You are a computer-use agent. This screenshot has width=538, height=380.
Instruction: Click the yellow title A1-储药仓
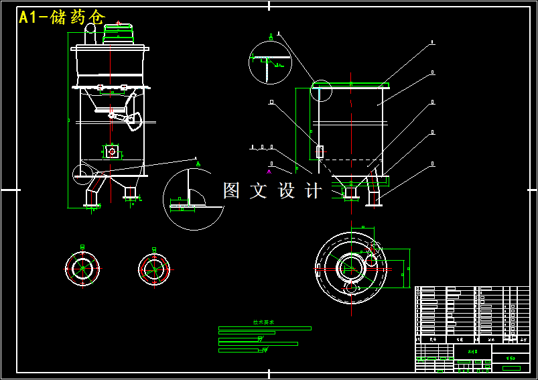(62, 17)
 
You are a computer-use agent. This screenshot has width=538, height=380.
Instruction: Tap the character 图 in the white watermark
(231, 190)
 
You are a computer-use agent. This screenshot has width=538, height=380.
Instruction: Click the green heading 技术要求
(263, 322)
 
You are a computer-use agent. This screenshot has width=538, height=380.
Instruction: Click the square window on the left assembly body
(113, 152)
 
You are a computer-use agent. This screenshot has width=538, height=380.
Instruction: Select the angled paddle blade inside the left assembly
(133, 122)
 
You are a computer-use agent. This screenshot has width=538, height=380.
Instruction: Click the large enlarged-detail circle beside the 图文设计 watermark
(193, 199)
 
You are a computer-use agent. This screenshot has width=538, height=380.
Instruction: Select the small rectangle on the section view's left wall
(320, 152)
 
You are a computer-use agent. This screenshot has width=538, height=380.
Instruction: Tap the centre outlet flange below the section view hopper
(350, 192)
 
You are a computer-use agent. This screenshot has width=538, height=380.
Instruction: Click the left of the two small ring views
(82, 269)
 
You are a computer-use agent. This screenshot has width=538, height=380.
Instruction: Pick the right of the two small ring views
(154, 269)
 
